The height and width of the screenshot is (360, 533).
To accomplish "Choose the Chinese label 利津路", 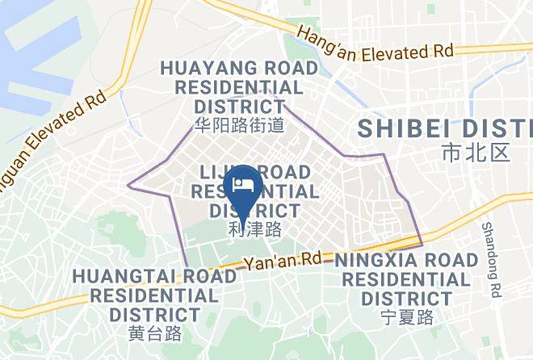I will [x=255, y=229].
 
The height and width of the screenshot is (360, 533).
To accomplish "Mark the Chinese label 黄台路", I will [x=155, y=333].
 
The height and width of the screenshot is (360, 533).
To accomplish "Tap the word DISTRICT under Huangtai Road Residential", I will [x=155, y=313].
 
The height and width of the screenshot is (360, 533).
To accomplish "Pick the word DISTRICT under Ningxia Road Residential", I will [x=407, y=298].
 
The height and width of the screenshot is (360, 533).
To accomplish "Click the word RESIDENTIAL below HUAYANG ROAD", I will [x=240, y=87].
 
